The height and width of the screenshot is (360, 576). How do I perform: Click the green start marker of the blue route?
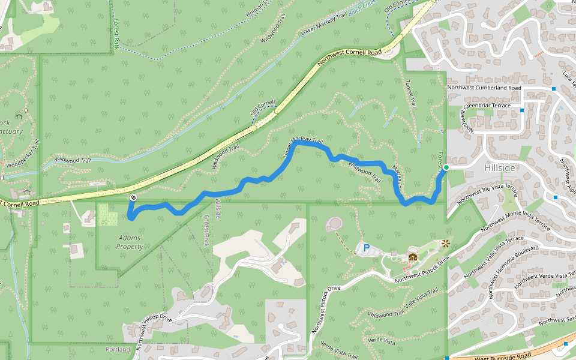coord(446,167)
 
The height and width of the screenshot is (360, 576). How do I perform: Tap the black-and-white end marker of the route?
coord(133,197)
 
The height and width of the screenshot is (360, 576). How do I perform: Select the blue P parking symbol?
coord(366,247)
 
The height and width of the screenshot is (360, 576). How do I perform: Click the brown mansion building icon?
coord(412,257)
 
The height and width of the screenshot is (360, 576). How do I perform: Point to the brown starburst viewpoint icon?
coord(445,244)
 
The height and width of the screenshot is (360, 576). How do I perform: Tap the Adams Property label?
coord(130,242)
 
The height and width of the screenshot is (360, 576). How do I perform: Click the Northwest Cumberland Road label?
coord(485,88)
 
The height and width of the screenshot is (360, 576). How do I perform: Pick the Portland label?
coord(118,349)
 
